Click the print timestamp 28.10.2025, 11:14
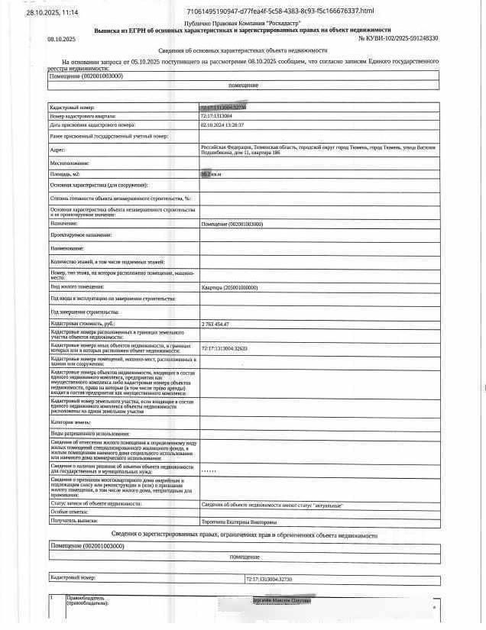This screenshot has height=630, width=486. (51, 13)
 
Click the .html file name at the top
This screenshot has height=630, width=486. (280, 11)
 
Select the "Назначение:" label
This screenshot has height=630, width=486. (64, 224)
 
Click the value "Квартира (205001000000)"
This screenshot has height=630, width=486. (229, 287)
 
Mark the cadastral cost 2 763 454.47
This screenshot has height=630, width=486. (215, 325)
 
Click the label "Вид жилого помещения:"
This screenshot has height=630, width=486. (79, 287)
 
